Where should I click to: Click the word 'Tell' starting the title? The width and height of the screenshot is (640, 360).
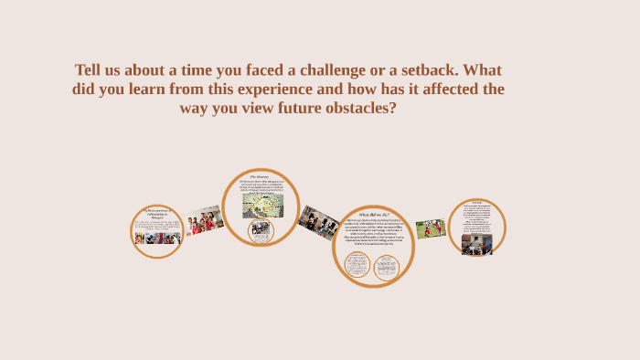point(91,70)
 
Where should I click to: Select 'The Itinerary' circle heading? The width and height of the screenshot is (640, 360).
point(261,176)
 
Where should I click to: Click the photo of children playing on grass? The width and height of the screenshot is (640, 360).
point(431,228)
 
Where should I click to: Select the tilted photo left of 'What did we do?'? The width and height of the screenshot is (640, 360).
point(319,220)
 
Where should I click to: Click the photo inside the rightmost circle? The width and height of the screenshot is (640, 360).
point(476,244)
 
